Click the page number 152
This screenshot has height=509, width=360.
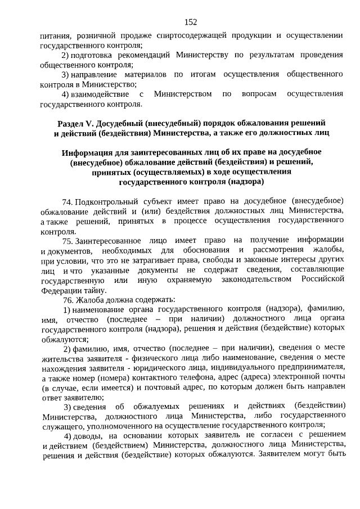[191, 22]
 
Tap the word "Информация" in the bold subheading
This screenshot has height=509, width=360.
[87, 152]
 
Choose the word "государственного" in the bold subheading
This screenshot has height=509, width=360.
[153, 182]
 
